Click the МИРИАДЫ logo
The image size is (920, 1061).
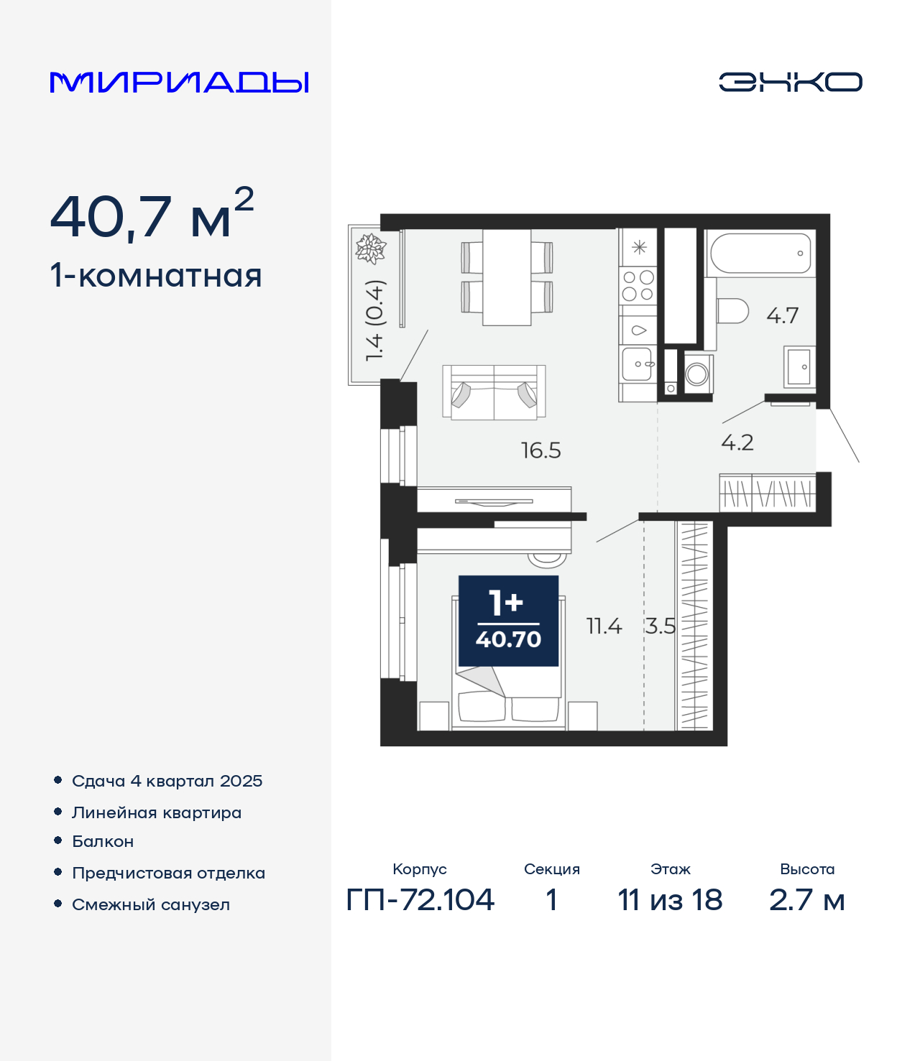(179, 82)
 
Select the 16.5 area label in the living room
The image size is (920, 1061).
(541, 450)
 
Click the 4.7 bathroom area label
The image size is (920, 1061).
(782, 315)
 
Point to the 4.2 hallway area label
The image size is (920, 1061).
(737, 443)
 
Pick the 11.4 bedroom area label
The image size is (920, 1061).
(604, 626)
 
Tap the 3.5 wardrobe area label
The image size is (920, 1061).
(660, 626)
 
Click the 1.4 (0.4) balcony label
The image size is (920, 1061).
(374, 320)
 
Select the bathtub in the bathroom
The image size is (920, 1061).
(760, 253)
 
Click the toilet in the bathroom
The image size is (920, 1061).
(732, 311)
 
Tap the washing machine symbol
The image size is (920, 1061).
(697, 374)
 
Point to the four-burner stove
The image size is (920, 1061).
(638, 285)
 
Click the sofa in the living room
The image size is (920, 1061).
(494, 393)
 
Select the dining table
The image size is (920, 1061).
(507, 277)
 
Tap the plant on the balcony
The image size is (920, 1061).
(371, 249)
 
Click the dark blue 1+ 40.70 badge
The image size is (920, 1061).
(509, 621)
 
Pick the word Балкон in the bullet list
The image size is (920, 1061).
(103, 842)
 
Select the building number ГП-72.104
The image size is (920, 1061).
(420, 900)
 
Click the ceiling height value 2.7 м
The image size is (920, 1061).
(807, 900)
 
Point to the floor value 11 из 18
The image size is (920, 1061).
(670, 900)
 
